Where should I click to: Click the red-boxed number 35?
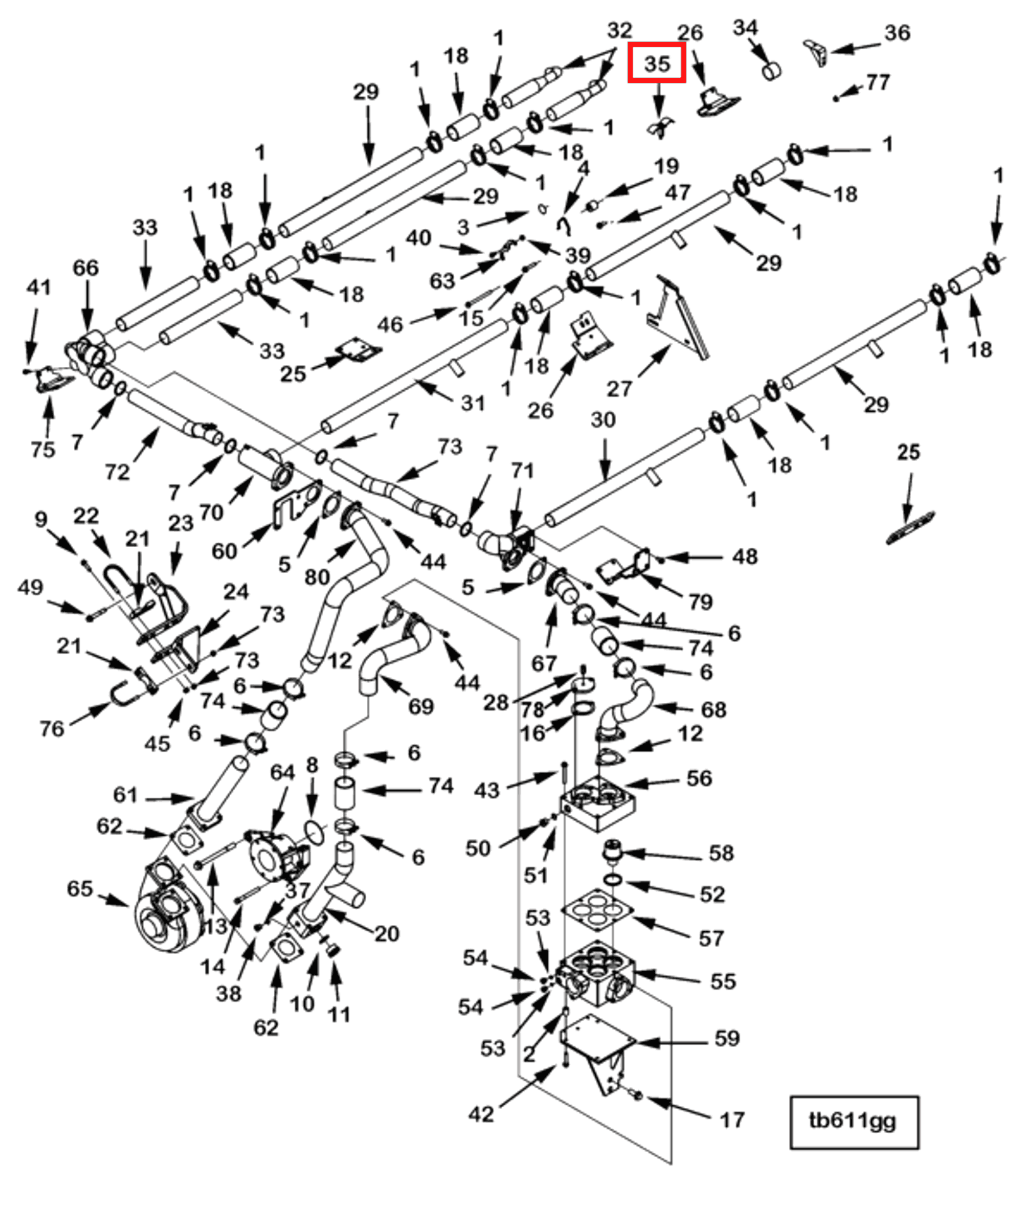pos(656,63)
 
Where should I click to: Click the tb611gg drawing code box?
pos(854,1121)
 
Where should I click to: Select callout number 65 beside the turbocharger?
pos(80,889)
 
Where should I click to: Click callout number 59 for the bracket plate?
pos(727,1038)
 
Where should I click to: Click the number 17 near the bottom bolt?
pos(732,1120)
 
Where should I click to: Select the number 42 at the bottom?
pos(481,1114)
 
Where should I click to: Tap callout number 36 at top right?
pos(897,33)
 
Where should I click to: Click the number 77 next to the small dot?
pos(878,82)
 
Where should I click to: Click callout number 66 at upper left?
pos(86,268)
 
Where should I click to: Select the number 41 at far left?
pos(38,287)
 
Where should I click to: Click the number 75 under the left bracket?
pos(43,449)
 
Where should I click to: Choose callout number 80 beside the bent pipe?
pos(317,577)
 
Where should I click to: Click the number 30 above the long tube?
pos(603,420)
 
